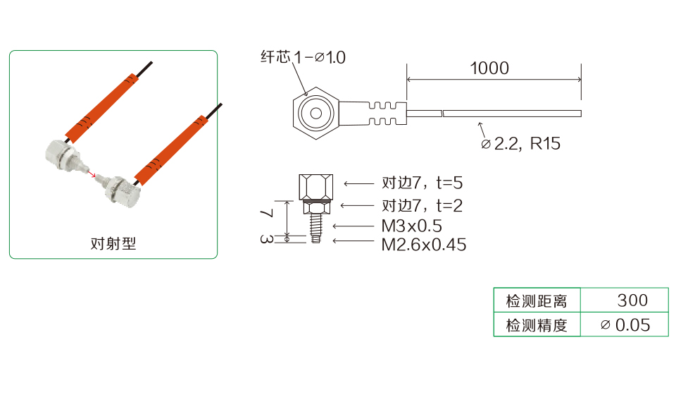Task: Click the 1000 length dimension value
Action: (x=489, y=68)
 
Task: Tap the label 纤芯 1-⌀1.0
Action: (x=303, y=57)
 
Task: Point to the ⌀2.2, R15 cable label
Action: (x=521, y=144)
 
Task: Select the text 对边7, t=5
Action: (x=422, y=183)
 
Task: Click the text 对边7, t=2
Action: (x=422, y=205)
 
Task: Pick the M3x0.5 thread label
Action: (x=412, y=226)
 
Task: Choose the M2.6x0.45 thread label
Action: (x=424, y=245)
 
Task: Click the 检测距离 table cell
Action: (x=537, y=300)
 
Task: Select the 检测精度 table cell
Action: (x=537, y=324)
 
